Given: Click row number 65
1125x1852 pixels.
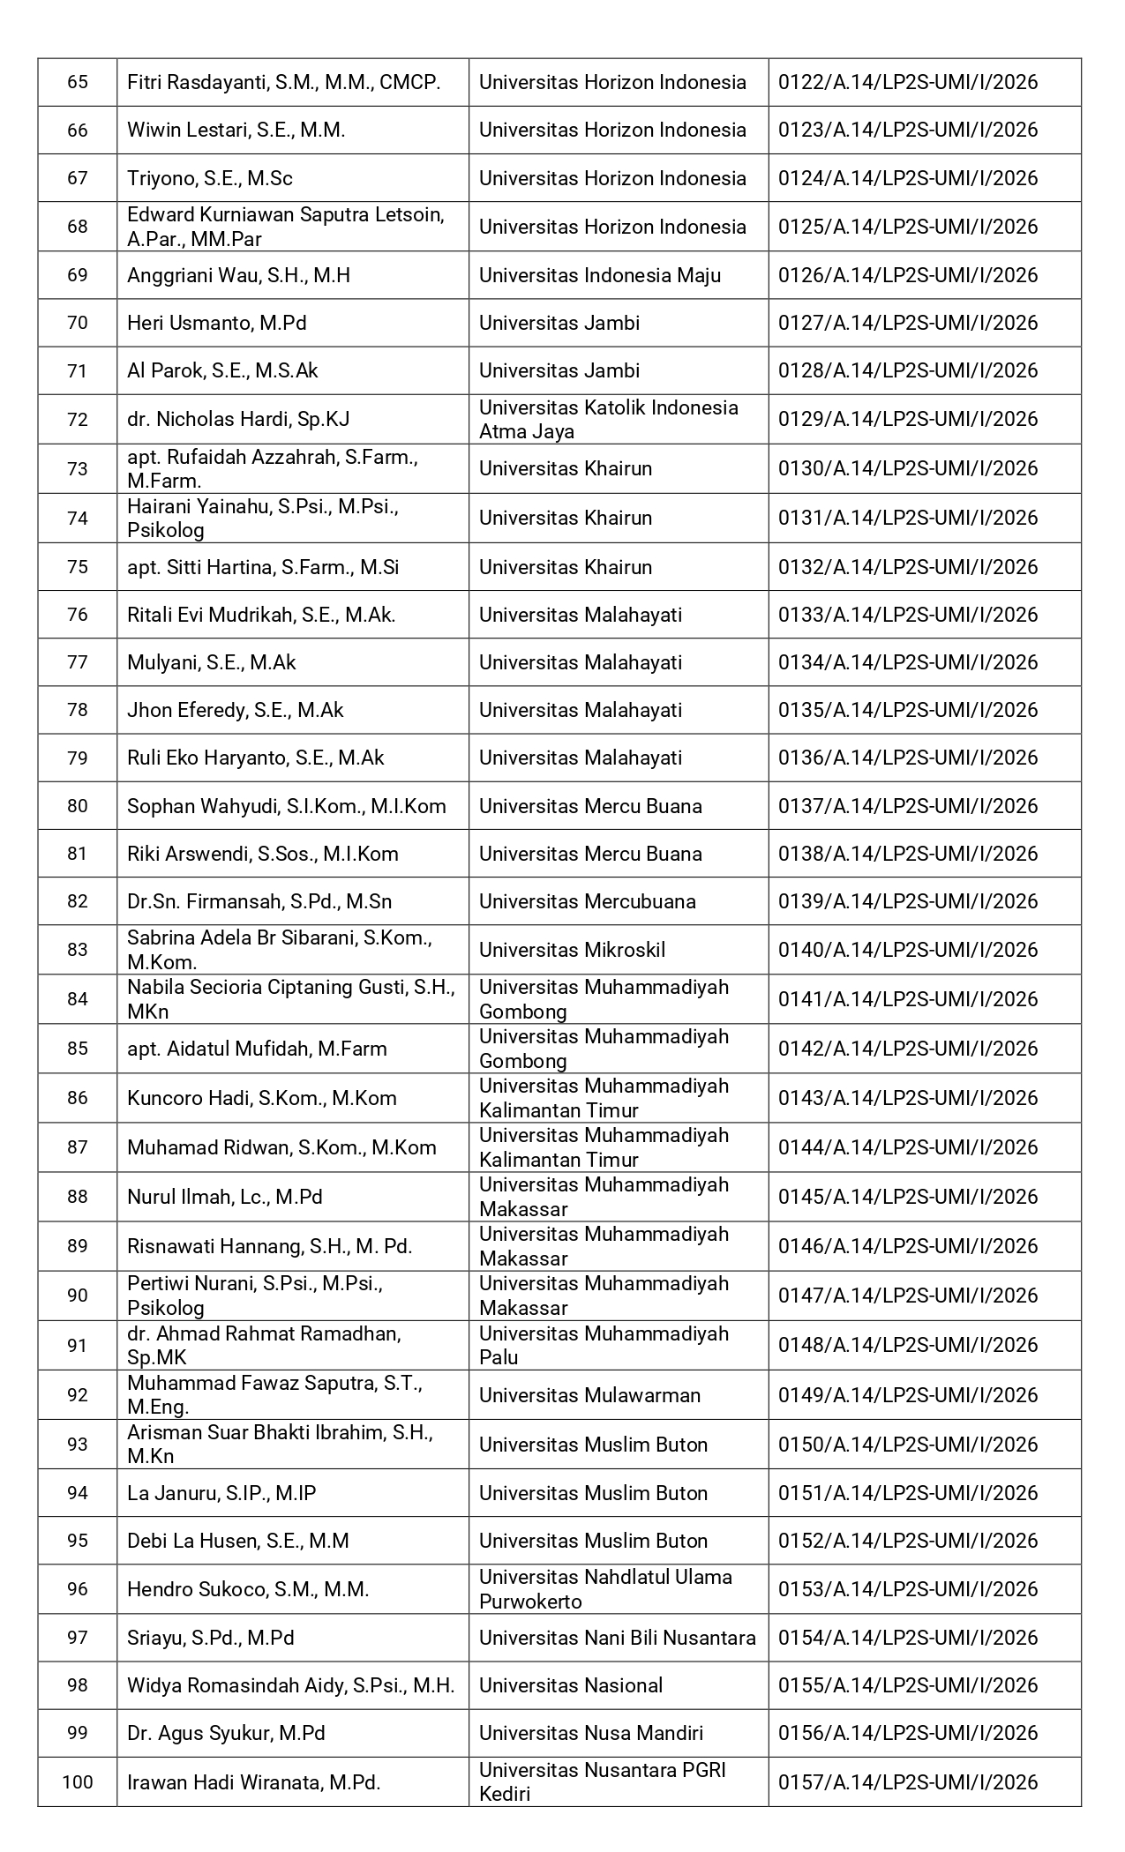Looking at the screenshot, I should click(x=78, y=83).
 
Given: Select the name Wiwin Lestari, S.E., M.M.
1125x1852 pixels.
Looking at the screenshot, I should click(x=236, y=131).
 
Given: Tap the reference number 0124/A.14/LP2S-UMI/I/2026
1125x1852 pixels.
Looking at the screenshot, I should click(x=907, y=178).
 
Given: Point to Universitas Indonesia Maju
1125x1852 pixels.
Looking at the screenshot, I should click(x=599, y=275).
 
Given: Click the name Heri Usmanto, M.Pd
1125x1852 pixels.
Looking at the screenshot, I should click(x=216, y=323).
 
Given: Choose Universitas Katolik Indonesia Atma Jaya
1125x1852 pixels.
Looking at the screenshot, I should click(x=608, y=419).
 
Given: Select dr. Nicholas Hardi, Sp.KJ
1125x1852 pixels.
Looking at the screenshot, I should click(x=238, y=419).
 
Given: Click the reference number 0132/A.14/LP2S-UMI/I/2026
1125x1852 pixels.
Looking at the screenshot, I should click(x=907, y=567).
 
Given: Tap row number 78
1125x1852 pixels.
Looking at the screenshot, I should click(x=78, y=710).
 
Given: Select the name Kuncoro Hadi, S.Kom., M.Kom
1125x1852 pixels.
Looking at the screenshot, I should click(x=261, y=1098).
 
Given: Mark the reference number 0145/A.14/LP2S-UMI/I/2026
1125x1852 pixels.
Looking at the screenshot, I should click(x=907, y=1197).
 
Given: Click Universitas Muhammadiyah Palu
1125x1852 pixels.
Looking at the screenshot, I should click(x=604, y=1345).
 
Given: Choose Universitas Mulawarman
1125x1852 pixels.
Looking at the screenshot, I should click(x=589, y=1395).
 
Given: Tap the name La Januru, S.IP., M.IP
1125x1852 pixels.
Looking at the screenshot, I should click(x=221, y=1493).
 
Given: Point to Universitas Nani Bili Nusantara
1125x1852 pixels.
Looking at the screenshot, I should click(x=617, y=1638).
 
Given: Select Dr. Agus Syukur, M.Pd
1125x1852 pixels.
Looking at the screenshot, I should click(x=226, y=1733).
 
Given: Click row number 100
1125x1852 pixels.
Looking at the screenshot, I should click(x=78, y=1782).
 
